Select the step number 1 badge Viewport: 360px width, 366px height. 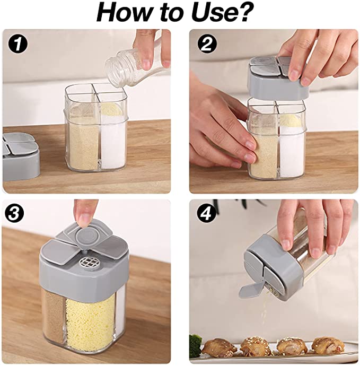17,44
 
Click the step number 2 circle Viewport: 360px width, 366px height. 207,44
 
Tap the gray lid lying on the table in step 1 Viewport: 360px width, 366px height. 21,156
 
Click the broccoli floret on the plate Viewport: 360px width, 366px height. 196,342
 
